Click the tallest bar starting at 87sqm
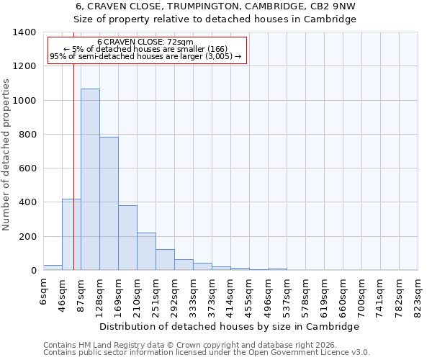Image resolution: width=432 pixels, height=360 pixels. pos(90,180)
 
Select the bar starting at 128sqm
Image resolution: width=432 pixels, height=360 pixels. pos(109,204)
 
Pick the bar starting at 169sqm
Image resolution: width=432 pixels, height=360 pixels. pos(127,238)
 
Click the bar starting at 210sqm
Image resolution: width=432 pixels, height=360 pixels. pos(146,251)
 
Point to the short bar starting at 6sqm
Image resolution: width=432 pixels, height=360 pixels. pos(53,267)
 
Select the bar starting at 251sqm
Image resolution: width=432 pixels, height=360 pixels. pos(165,260)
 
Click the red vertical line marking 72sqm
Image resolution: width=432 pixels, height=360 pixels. pos(73,158)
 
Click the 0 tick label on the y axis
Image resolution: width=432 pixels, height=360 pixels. pos(33,271)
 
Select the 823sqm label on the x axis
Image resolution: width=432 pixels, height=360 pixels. pos(418,297)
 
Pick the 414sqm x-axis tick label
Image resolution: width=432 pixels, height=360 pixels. pos(231,297)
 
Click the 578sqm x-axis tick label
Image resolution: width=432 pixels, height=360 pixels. pos(306,297)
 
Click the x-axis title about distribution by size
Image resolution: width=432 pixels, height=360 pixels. pos(230,327)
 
